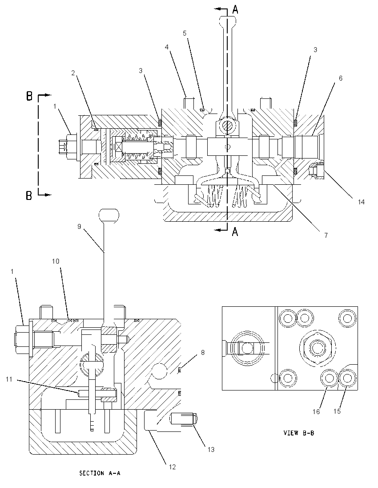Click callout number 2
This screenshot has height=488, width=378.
pyautogui.click(x=73, y=73)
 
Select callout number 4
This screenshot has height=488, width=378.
pyautogui.click(x=167, y=47)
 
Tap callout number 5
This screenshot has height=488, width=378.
pyautogui.click(x=185, y=33)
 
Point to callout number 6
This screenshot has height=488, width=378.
pyautogui.click(x=340, y=78)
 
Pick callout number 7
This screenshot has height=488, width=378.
pyautogui.click(x=326, y=235)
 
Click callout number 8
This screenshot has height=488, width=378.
pyautogui.click(x=203, y=352)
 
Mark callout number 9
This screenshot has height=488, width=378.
pyautogui.click(x=79, y=227)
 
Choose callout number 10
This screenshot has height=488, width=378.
pyautogui.click(x=56, y=261)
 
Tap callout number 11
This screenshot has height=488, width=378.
pyautogui.click(x=9, y=379)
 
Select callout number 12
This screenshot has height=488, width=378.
pyautogui.click(x=172, y=467)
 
